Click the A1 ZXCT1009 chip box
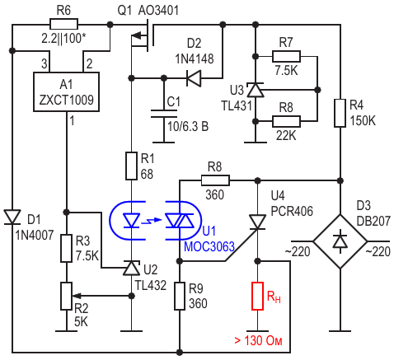pyautogui.click(x=66, y=91)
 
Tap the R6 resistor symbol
pyautogui.click(x=63, y=24)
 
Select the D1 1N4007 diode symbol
pyautogui.click(x=12, y=217)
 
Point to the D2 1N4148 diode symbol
pyautogui.click(x=194, y=78)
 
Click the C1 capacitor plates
pyautogui.click(x=164, y=114)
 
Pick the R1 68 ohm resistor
pyautogui.click(x=131, y=166)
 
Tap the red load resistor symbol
pyautogui.click(x=257, y=296)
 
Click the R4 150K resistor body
pyautogui.click(x=340, y=113)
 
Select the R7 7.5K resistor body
pyautogui.click(x=286, y=56)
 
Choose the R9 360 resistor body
pyautogui.click(x=180, y=297)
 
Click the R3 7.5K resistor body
pyautogui.click(x=66, y=248)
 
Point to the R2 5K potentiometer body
pyautogui.click(x=66, y=296)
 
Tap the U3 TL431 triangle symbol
pyautogui.click(x=256, y=90)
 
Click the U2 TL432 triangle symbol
pyautogui.click(x=131, y=268)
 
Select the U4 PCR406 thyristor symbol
pyautogui.click(x=257, y=222)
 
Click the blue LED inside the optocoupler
pyautogui.click(x=131, y=221)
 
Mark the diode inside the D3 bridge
pyautogui.click(x=340, y=241)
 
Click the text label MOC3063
pyautogui.click(x=209, y=246)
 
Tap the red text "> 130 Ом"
pyautogui.click(x=258, y=340)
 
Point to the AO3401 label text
pyautogui.click(x=158, y=11)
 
